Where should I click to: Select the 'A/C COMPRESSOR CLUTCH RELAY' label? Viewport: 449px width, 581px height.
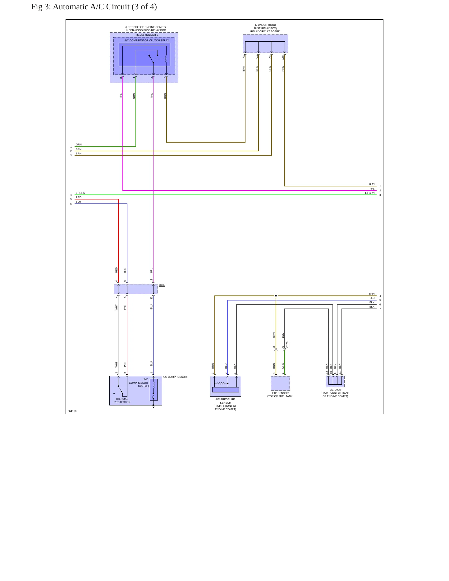tap(147, 40)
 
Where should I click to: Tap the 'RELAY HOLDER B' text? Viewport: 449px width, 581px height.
tap(147, 35)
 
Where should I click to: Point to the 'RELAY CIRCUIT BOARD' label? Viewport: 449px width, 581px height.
tap(265, 31)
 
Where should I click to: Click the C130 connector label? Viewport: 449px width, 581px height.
tap(162, 285)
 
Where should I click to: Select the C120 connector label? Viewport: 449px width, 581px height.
tap(287, 345)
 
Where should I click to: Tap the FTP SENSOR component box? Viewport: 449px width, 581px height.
tap(280, 383)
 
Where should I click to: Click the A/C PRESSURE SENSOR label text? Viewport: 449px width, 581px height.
tap(225, 404)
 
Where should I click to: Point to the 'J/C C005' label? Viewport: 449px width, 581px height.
tap(335, 390)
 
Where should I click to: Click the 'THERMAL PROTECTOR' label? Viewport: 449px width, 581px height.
tap(122, 400)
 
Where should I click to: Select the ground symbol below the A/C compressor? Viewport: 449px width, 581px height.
tap(153, 406)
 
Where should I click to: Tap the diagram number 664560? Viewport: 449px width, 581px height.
tap(72, 411)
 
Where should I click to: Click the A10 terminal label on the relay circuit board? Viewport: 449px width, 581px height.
tap(283, 57)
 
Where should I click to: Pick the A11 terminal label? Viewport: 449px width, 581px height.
tap(257, 57)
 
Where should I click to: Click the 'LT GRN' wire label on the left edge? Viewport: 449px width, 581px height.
tap(80, 193)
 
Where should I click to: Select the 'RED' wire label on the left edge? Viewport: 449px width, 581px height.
tap(79, 197)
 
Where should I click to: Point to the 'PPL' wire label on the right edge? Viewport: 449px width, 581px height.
tap(372, 189)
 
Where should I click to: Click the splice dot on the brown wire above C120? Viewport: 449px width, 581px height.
tap(276, 296)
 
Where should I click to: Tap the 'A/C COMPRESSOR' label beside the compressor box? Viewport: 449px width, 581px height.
tap(175, 377)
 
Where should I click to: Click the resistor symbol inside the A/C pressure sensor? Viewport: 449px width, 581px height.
tap(221, 383)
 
